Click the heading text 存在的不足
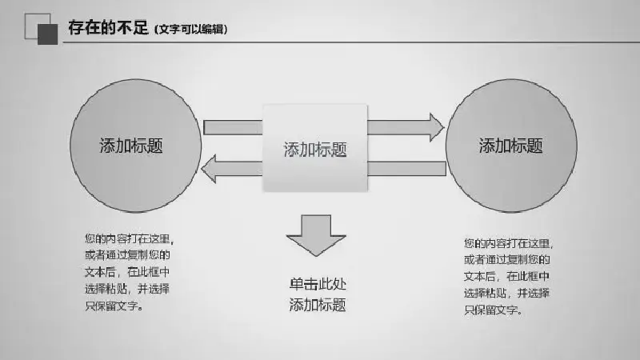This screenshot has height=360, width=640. click(108, 28)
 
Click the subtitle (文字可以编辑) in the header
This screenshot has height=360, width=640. click(191, 30)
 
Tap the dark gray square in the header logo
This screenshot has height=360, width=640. click(48, 34)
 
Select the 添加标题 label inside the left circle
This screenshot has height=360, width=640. click(131, 146)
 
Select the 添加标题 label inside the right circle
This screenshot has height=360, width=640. click(510, 146)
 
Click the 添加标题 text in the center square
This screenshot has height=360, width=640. click(315, 150)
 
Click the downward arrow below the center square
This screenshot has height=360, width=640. click(316, 235)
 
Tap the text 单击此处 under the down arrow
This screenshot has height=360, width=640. click(318, 284)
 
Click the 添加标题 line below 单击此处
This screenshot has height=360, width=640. click(318, 305)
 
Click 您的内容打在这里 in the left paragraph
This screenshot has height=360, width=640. click(128, 238)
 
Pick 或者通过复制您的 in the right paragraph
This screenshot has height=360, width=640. click(507, 259)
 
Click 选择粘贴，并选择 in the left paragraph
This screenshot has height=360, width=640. click(127, 289)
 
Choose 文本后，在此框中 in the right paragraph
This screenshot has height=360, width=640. click(506, 276)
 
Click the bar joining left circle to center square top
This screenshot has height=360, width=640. click(233, 127)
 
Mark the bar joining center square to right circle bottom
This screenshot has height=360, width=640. click(406, 169)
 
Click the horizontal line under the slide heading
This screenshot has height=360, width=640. click(351, 42)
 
